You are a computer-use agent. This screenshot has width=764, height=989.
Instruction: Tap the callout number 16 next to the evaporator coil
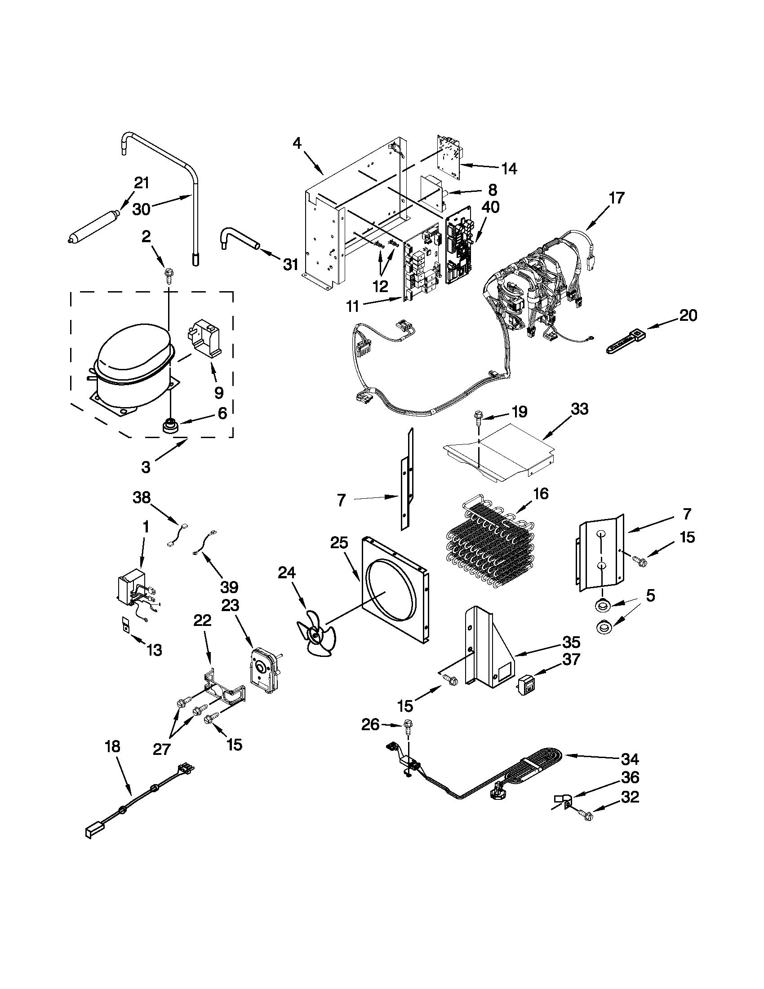[540, 493]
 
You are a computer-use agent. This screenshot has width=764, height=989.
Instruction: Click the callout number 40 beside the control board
[490, 208]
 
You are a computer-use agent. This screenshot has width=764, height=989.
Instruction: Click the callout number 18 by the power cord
[112, 747]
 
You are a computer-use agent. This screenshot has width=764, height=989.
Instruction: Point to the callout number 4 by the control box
[297, 144]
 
